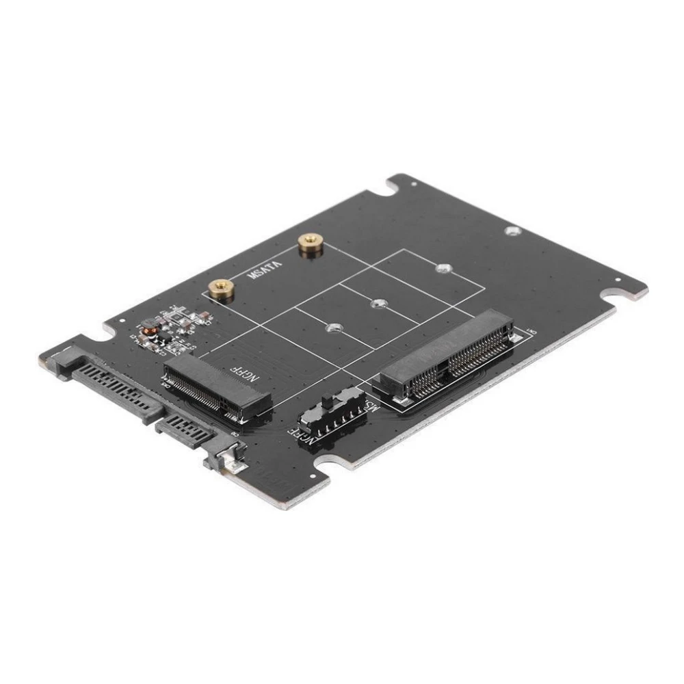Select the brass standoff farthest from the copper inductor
click(x=311, y=244)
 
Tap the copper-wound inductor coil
click(x=146, y=337)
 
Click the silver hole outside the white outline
click(x=512, y=231)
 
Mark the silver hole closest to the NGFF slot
click(x=333, y=329)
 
